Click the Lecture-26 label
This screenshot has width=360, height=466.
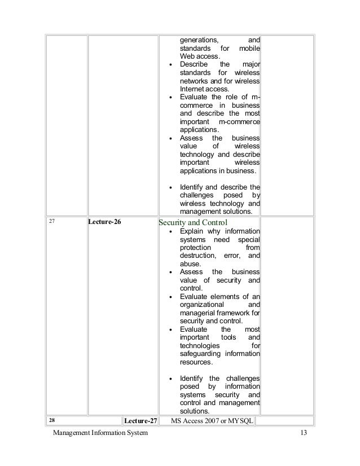point(105,222)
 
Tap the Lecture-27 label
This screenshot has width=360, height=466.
point(140,421)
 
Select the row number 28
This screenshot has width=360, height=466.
point(52,421)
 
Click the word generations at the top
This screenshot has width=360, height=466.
point(199,40)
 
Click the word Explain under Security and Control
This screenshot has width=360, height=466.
point(192,231)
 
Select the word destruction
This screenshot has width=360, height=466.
point(197,256)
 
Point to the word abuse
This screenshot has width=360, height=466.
point(190,263)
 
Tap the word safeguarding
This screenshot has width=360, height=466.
point(201,354)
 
